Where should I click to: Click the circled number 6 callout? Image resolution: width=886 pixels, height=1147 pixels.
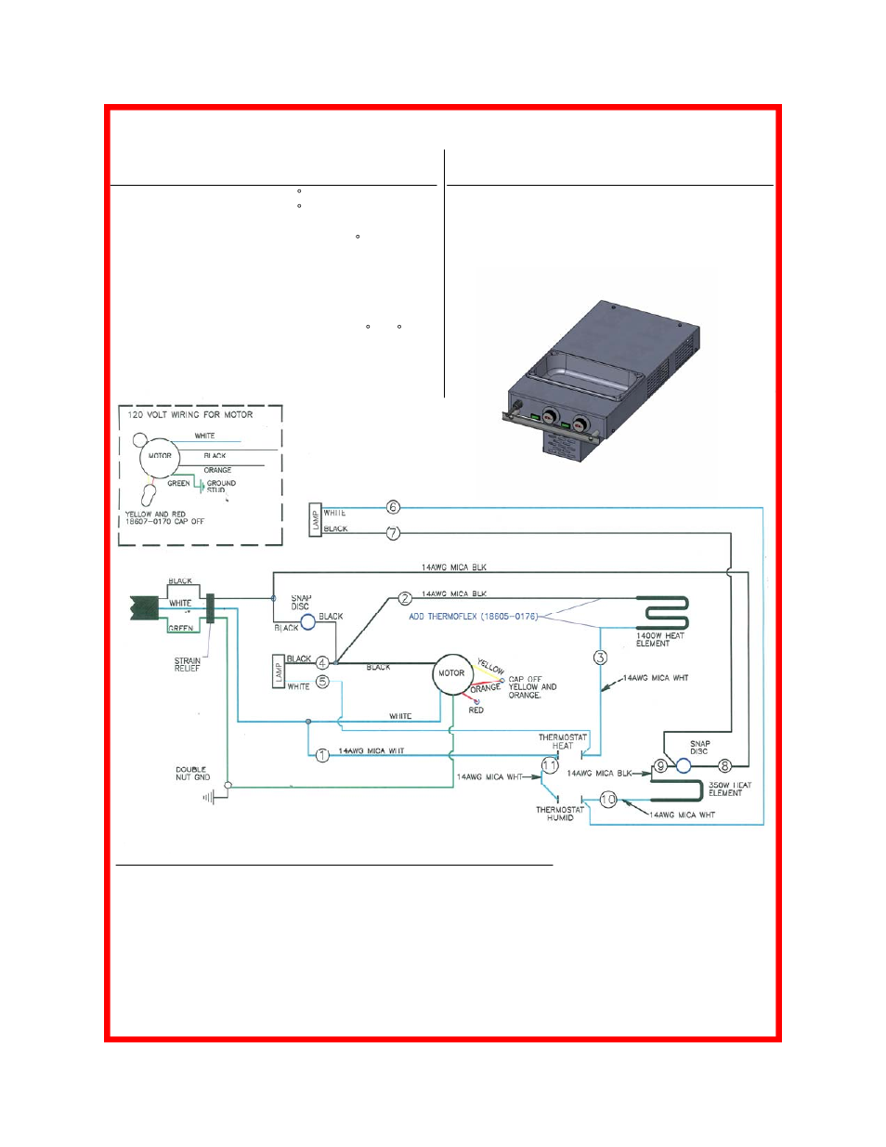pos(393,507)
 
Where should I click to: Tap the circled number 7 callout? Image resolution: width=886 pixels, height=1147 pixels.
pos(393,533)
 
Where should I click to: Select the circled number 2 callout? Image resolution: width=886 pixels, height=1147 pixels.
pos(405,599)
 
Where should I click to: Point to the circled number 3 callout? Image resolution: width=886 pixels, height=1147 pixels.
pos(600,658)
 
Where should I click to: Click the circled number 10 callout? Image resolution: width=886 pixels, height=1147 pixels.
pos(608,799)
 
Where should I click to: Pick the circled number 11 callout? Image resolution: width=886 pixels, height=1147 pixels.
pos(550,765)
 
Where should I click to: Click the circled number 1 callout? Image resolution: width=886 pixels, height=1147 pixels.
pos(322,755)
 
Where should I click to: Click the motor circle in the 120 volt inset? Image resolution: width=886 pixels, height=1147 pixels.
pos(160,456)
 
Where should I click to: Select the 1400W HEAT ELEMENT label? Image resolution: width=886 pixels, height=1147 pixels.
pos(659,640)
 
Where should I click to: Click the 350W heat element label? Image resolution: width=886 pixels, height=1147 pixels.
pos(729,789)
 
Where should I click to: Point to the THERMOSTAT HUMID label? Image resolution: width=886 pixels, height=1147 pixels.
pos(560,814)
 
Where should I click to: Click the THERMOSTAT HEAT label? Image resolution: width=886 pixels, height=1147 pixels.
pos(563,741)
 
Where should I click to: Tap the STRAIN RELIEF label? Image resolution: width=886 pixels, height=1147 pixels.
pos(188,664)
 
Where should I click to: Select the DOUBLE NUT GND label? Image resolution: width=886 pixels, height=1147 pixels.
pos(193,773)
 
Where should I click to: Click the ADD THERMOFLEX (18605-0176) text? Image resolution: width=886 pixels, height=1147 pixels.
pos(473,617)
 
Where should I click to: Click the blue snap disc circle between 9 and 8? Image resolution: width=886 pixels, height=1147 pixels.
pos(684,765)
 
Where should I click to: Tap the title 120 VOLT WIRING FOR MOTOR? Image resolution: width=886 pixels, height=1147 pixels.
pos(190,415)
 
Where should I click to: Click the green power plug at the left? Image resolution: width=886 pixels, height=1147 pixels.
pos(144,608)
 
